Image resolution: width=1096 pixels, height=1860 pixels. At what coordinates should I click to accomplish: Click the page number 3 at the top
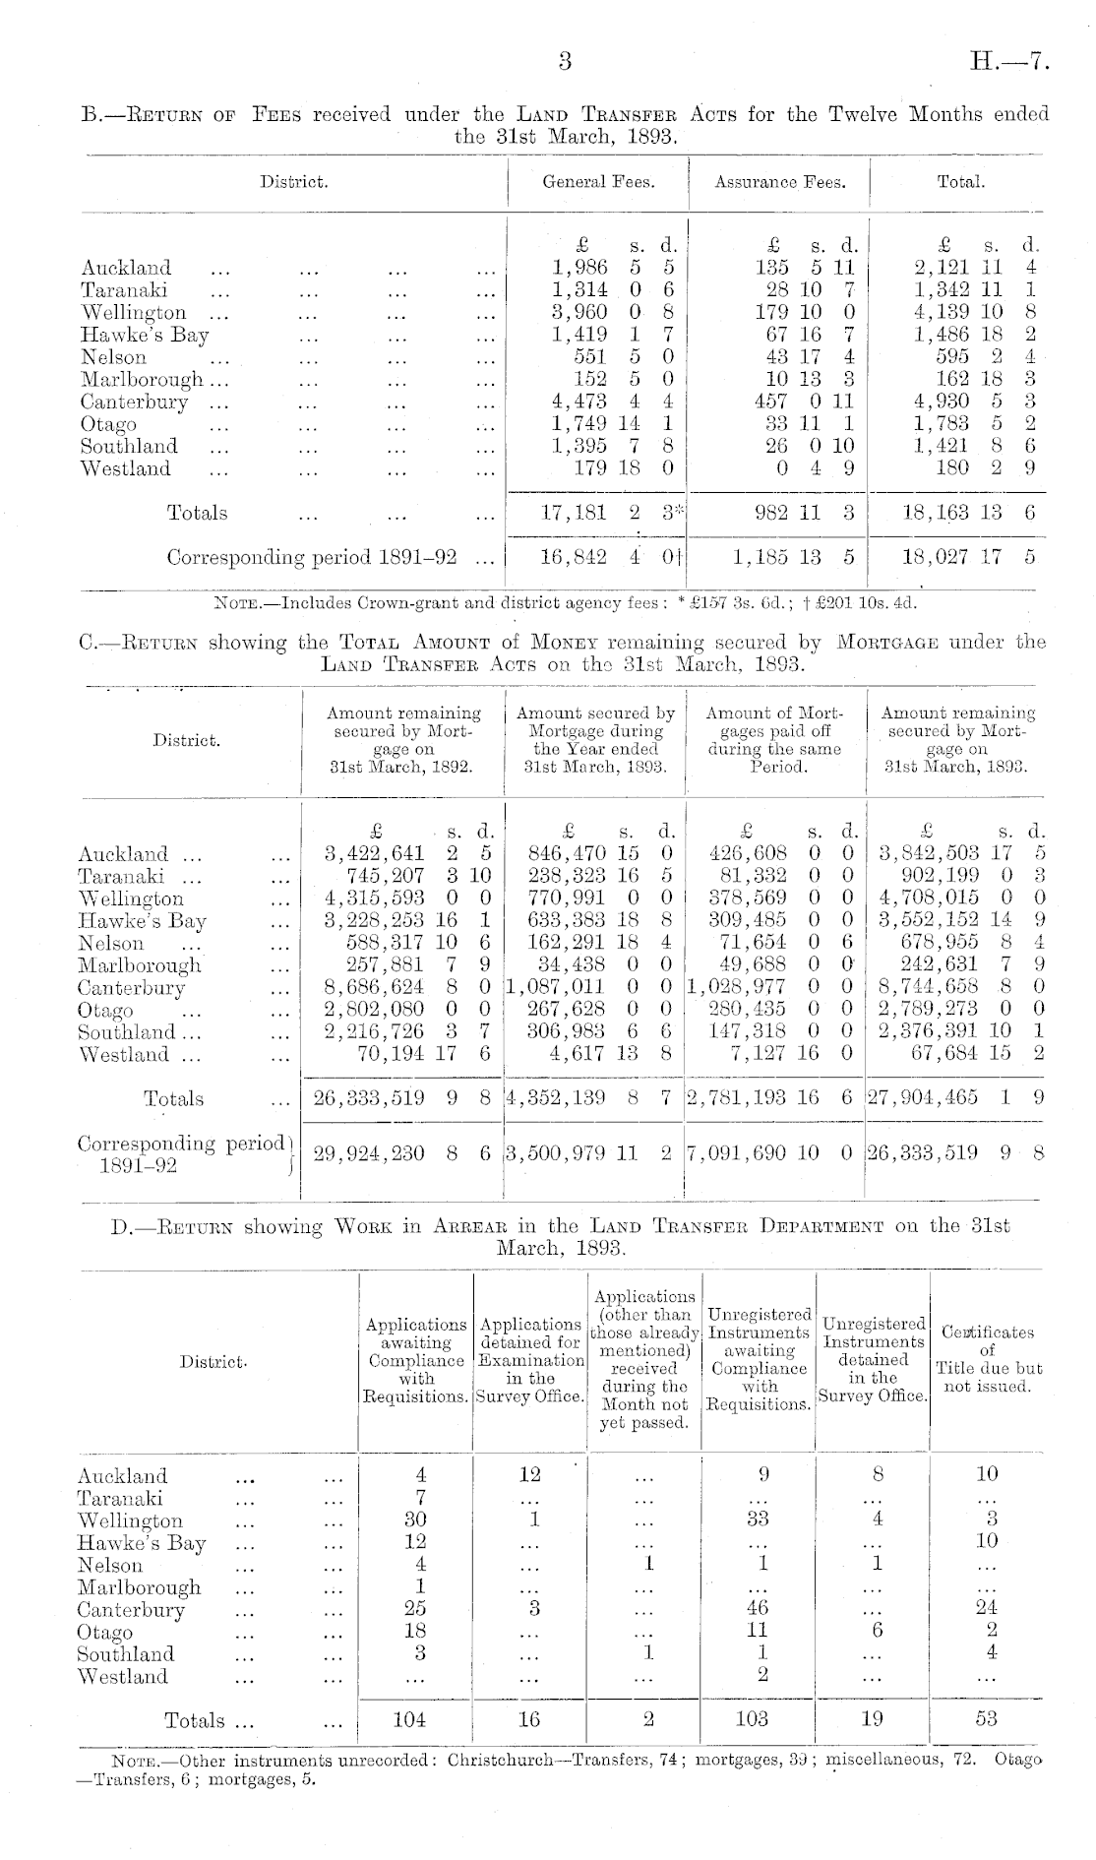[564, 62]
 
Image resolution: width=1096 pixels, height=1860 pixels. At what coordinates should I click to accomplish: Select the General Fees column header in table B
[598, 182]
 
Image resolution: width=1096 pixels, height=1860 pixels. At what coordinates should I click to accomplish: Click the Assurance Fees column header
[779, 182]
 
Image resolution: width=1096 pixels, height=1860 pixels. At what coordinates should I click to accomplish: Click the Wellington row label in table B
[133, 313]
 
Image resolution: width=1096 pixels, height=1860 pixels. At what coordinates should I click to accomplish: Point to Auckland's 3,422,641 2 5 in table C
[407, 854]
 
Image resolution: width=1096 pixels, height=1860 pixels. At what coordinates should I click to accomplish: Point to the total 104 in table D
[409, 1719]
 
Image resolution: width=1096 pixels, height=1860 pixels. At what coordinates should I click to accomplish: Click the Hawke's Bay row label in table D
[142, 1542]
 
